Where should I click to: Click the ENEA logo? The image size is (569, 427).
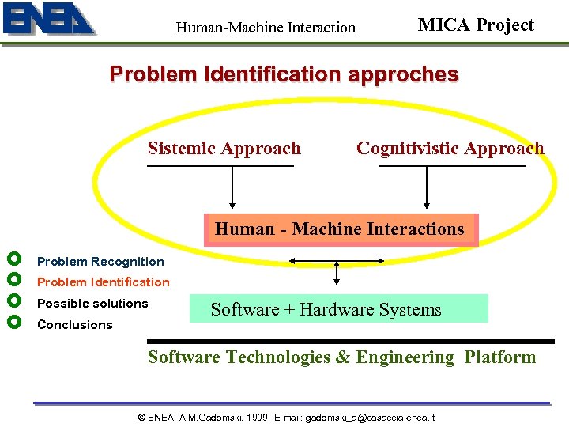[x=49, y=20]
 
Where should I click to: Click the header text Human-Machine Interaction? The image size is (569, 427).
[x=266, y=28]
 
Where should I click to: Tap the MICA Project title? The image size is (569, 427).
[x=476, y=25]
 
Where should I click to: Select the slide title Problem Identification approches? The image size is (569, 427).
[x=284, y=74]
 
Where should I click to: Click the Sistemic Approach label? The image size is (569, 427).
[x=224, y=149]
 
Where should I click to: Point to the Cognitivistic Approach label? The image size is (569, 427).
[x=450, y=149]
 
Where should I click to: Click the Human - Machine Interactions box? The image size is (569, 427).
[x=340, y=229]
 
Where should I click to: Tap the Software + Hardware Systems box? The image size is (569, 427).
[x=338, y=309]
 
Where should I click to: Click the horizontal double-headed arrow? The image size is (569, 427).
[x=337, y=259]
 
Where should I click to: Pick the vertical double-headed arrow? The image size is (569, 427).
[x=337, y=273]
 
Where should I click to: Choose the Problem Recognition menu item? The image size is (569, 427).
[x=100, y=262]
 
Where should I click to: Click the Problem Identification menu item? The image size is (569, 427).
[x=103, y=282]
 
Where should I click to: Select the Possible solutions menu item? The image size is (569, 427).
[x=92, y=304]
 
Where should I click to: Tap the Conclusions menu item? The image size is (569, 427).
[x=74, y=325]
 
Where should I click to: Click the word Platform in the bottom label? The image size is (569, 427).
[x=499, y=357]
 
